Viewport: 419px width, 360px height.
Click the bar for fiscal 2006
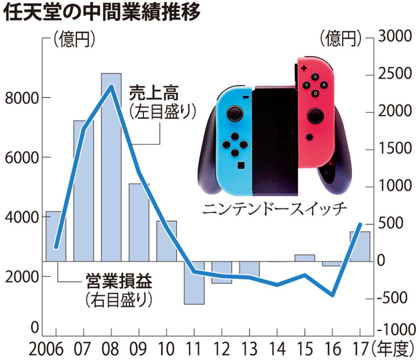click(56, 236)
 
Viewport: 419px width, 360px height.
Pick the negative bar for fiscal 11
click(194, 282)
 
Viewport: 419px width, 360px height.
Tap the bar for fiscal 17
click(360, 246)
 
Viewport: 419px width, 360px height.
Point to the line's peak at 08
click(111, 86)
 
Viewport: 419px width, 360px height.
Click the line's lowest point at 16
click(332, 295)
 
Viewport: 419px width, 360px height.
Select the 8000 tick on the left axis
click(20, 98)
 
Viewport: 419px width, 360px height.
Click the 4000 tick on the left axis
click(20, 217)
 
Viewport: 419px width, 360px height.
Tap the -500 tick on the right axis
click(394, 298)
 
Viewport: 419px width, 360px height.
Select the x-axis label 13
click(249, 348)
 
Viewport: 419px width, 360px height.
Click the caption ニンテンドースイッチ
click(274, 209)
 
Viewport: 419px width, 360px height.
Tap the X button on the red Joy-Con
click(315, 77)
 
